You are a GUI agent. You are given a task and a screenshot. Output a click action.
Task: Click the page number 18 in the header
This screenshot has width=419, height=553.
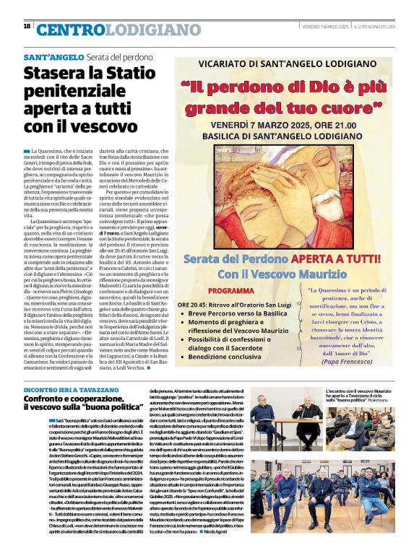coord(27,27)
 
